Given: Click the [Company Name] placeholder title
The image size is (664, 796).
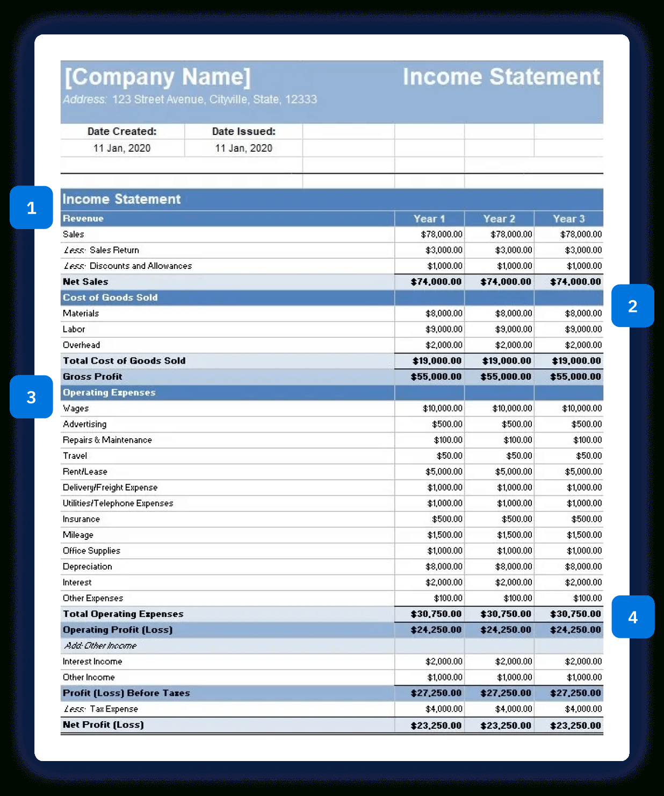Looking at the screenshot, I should click(157, 77).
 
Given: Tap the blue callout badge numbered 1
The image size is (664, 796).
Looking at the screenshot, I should click(31, 208).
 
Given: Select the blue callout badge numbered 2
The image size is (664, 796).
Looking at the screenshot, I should click(632, 306).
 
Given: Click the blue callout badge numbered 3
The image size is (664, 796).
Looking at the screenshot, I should click(31, 397).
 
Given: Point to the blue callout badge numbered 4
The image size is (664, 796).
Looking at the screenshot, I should click(632, 617).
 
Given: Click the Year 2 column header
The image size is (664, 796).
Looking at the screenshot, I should click(499, 219).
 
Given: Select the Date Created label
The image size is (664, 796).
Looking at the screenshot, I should click(122, 131).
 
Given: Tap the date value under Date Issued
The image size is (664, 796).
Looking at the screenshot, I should click(243, 148).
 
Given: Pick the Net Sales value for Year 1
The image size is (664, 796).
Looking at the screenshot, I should click(436, 282).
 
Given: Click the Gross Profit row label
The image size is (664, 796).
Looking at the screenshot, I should click(92, 376).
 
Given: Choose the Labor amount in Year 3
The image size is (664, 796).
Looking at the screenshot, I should click(583, 329).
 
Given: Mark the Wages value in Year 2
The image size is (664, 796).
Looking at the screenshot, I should click(512, 408).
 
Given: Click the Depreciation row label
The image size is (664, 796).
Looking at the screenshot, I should click(88, 566).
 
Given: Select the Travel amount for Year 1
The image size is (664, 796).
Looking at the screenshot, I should click(449, 456).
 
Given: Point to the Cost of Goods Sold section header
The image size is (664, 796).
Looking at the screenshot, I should click(110, 297).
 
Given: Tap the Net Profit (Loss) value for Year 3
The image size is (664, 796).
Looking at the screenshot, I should click(575, 726).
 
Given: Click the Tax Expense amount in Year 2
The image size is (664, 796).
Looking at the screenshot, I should click(513, 709).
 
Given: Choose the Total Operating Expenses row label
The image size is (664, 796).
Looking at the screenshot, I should click(123, 614).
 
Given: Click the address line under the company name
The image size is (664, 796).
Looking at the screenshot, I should click(190, 99).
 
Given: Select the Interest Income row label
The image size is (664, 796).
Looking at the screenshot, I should click(92, 662).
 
